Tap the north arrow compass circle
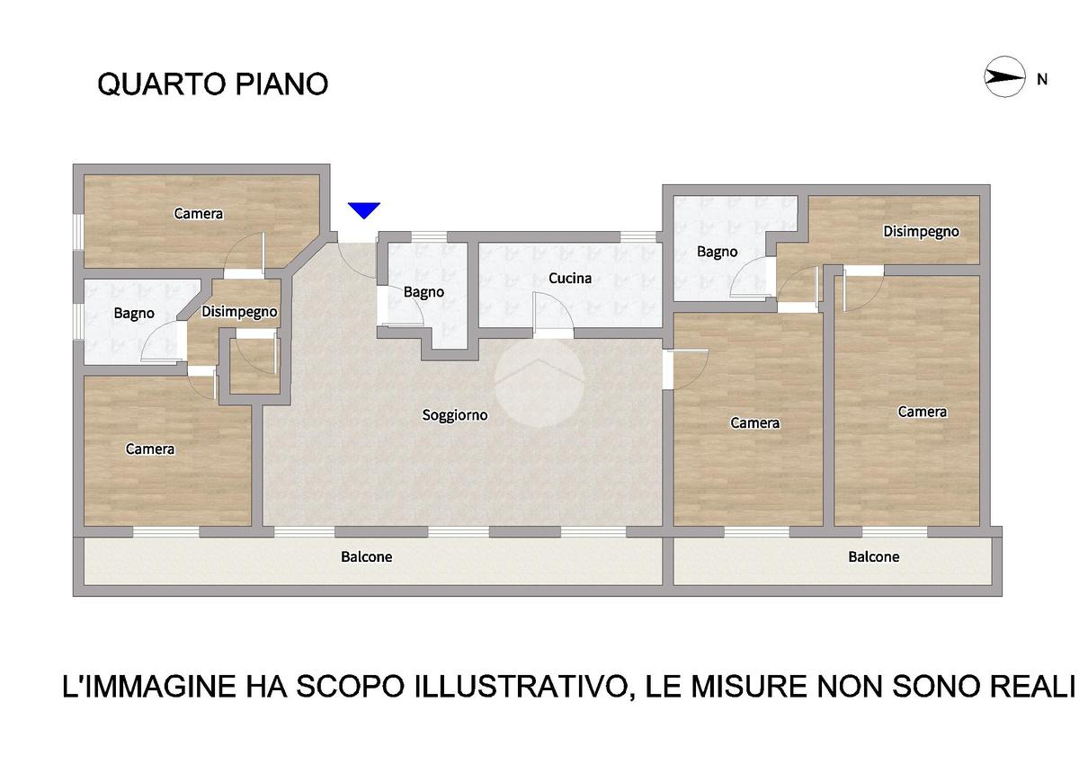tap(1003, 77)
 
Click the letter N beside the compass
tap(1042, 79)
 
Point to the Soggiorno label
tap(455, 415)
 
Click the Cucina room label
tap(570, 279)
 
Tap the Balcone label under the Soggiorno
tap(366, 557)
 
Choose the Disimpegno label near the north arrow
tap(921, 232)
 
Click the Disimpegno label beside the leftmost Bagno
tap(239, 312)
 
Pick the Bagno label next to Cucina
tap(424, 292)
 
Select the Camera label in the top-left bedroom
tap(199, 214)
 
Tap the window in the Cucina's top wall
tap(638, 236)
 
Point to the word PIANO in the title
tap(281, 84)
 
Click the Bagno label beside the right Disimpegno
tap(717, 252)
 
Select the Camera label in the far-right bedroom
tap(922, 412)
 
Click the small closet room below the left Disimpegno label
tap(254, 366)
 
